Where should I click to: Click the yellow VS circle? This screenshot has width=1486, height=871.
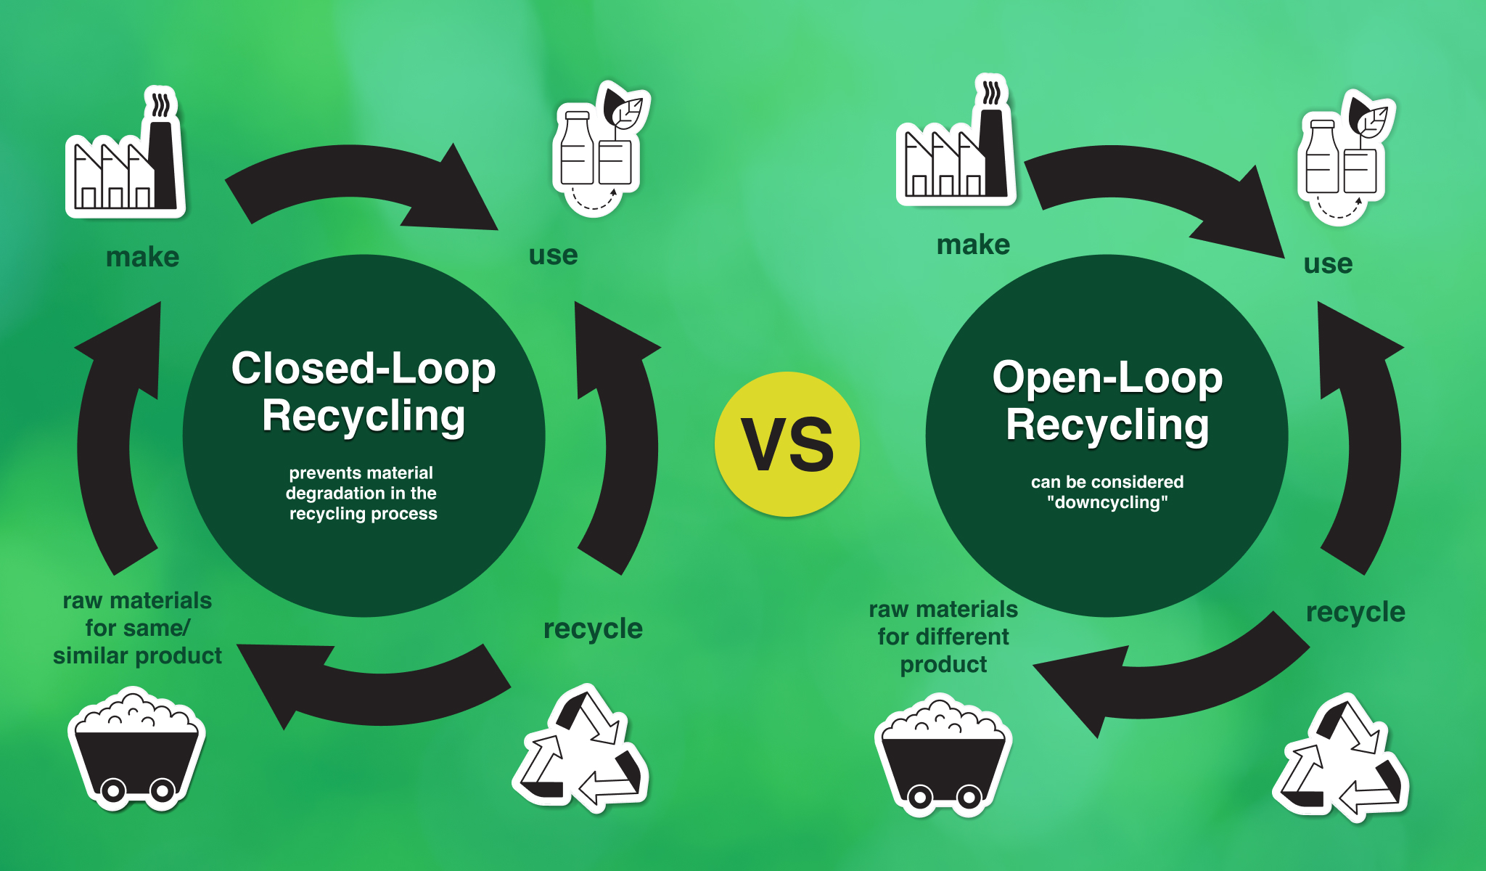[787, 444]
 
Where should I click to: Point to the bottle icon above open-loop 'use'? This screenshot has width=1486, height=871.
[1345, 160]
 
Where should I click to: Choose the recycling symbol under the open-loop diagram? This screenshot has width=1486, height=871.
[1342, 758]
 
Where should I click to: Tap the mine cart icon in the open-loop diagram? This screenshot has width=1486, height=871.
[943, 755]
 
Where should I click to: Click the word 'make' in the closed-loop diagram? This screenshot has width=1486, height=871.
[142, 257]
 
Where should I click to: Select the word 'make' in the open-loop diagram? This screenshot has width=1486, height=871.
[973, 245]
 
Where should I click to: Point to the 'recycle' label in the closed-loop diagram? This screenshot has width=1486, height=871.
[593, 629]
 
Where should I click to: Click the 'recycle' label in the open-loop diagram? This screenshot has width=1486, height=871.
[1355, 612]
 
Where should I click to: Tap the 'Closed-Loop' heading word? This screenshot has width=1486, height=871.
[363, 369]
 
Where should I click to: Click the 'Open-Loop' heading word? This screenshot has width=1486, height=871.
[1107, 377]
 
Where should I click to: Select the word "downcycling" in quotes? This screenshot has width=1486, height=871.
[1107, 502]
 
